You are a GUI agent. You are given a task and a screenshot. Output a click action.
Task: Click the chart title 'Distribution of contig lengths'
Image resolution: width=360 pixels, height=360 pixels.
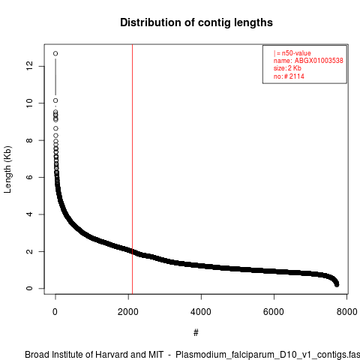click(196, 22)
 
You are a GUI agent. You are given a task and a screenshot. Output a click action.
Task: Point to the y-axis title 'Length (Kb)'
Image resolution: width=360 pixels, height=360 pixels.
click(7, 169)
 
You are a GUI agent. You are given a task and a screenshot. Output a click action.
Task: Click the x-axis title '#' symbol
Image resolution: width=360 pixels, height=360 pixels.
click(196, 333)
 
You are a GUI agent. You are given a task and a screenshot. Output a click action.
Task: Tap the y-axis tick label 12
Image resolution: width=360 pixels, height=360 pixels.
click(29, 66)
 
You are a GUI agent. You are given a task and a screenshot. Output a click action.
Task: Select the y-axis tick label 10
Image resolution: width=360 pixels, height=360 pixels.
click(29, 103)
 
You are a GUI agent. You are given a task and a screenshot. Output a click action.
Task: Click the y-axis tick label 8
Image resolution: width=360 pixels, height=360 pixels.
click(29, 140)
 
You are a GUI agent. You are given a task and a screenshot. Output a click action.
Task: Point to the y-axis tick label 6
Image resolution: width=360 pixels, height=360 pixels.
click(29, 177)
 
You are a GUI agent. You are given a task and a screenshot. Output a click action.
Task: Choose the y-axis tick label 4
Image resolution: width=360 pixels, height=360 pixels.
click(29, 214)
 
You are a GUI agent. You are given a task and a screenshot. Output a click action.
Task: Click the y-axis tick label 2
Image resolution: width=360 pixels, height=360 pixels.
click(29, 251)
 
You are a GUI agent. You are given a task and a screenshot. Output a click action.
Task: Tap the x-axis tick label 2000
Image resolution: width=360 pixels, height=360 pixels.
click(128, 312)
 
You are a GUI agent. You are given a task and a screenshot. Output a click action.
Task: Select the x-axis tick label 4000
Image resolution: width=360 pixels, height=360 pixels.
click(201, 312)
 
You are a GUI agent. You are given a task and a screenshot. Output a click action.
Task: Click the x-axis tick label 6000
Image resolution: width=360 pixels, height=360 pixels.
click(274, 312)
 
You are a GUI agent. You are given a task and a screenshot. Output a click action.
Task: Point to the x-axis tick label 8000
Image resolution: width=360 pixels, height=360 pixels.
click(346, 312)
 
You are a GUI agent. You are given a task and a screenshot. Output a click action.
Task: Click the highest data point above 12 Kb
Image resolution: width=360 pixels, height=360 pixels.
click(55, 53)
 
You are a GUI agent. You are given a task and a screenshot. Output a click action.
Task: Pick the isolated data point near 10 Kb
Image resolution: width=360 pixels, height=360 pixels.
click(55, 100)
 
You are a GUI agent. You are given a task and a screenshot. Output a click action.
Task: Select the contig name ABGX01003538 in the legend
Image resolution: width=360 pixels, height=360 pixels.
click(319, 61)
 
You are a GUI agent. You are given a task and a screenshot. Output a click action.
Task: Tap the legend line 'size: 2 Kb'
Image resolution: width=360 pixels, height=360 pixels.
click(287, 68)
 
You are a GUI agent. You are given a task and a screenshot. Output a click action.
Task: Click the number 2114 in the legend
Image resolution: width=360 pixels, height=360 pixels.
click(297, 76)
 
